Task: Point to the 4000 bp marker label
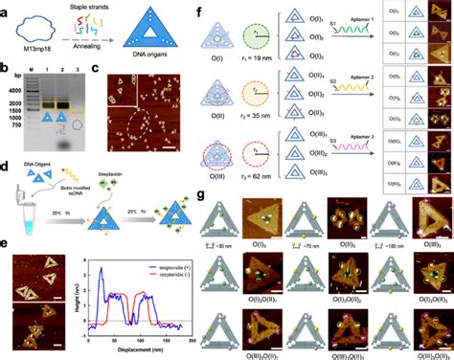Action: [x=12, y=81]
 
